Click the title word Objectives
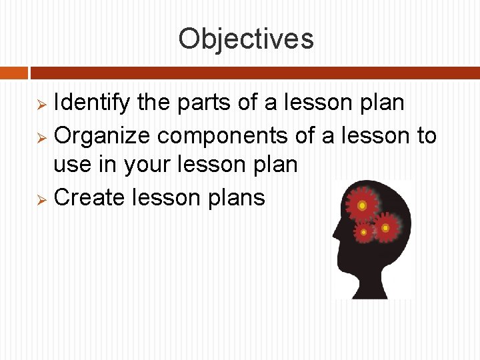[x=245, y=39]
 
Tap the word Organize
[x=103, y=135]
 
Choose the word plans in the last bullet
[x=239, y=199]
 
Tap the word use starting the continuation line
[x=71, y=165]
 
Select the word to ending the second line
[x=427, y=135]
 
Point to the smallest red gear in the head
[x=363, y=233]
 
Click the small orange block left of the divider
[x=14, y=72]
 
